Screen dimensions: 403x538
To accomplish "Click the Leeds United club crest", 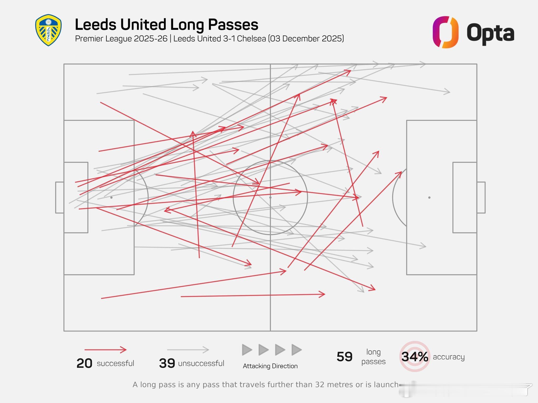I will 48,30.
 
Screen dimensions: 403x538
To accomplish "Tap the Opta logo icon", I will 445,32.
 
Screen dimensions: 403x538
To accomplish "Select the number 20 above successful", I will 84,364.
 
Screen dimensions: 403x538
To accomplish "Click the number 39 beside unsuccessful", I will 167,364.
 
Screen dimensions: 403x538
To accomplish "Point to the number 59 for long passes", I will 344,357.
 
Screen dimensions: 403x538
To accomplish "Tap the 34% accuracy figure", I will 415,357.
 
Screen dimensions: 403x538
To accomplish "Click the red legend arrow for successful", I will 105,350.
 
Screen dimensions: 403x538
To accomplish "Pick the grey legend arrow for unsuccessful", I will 188,350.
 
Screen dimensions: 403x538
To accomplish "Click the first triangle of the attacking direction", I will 247,350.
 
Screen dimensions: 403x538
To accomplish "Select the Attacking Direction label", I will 270,366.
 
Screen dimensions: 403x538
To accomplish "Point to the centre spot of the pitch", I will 270,197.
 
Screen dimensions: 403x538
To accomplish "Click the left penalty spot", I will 111,197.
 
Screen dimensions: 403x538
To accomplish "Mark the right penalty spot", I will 429,197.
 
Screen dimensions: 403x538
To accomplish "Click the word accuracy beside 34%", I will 449,357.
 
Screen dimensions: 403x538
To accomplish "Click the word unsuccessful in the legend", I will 201,363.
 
